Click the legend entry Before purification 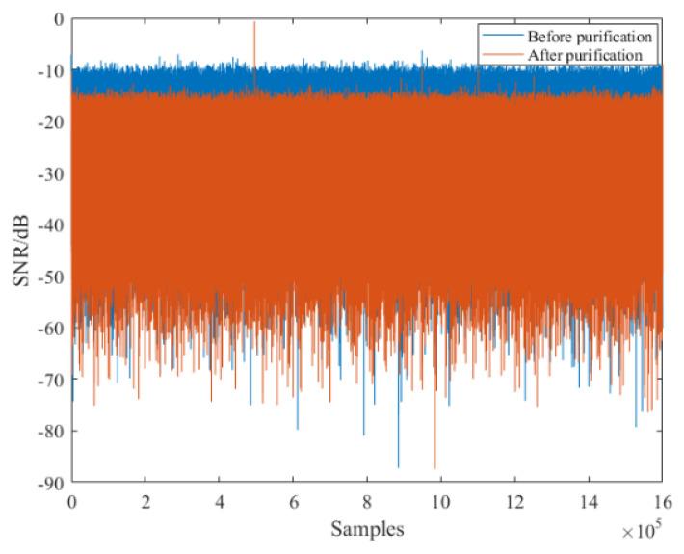[x=590, y=37]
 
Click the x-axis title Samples [x=366, y=529]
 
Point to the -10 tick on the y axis [x=50, y=71]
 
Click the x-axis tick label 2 [x=145, y=502]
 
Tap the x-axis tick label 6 [x=293, y=502]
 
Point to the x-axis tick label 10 [x=440, y=502]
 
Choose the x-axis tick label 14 [x=588, y=502]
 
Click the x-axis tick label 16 [x=661, y=502]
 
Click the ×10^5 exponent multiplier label [x=642, y=529]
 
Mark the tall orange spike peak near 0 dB [x=254, y=22]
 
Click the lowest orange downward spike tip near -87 [x=435, y=467]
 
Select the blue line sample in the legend [x=501, y=37]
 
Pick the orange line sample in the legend [x=501, y=55]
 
